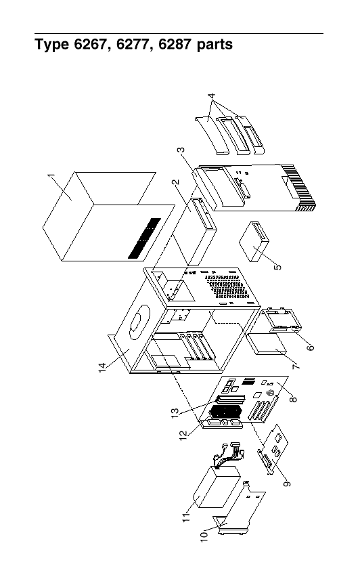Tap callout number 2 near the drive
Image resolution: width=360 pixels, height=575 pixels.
176,182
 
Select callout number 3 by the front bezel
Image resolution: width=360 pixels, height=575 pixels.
181,150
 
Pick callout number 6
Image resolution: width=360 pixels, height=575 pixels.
310,347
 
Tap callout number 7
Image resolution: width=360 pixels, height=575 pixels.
296,366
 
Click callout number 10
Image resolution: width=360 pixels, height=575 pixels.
204,534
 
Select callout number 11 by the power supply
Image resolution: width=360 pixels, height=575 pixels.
186,517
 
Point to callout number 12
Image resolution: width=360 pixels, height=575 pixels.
183,435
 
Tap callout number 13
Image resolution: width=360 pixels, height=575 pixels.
175,413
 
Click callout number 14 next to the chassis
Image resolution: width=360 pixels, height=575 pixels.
102,368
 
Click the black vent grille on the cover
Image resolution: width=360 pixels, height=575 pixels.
144,238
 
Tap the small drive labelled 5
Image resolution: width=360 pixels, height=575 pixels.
254,241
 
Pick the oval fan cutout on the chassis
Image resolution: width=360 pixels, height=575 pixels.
140,322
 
